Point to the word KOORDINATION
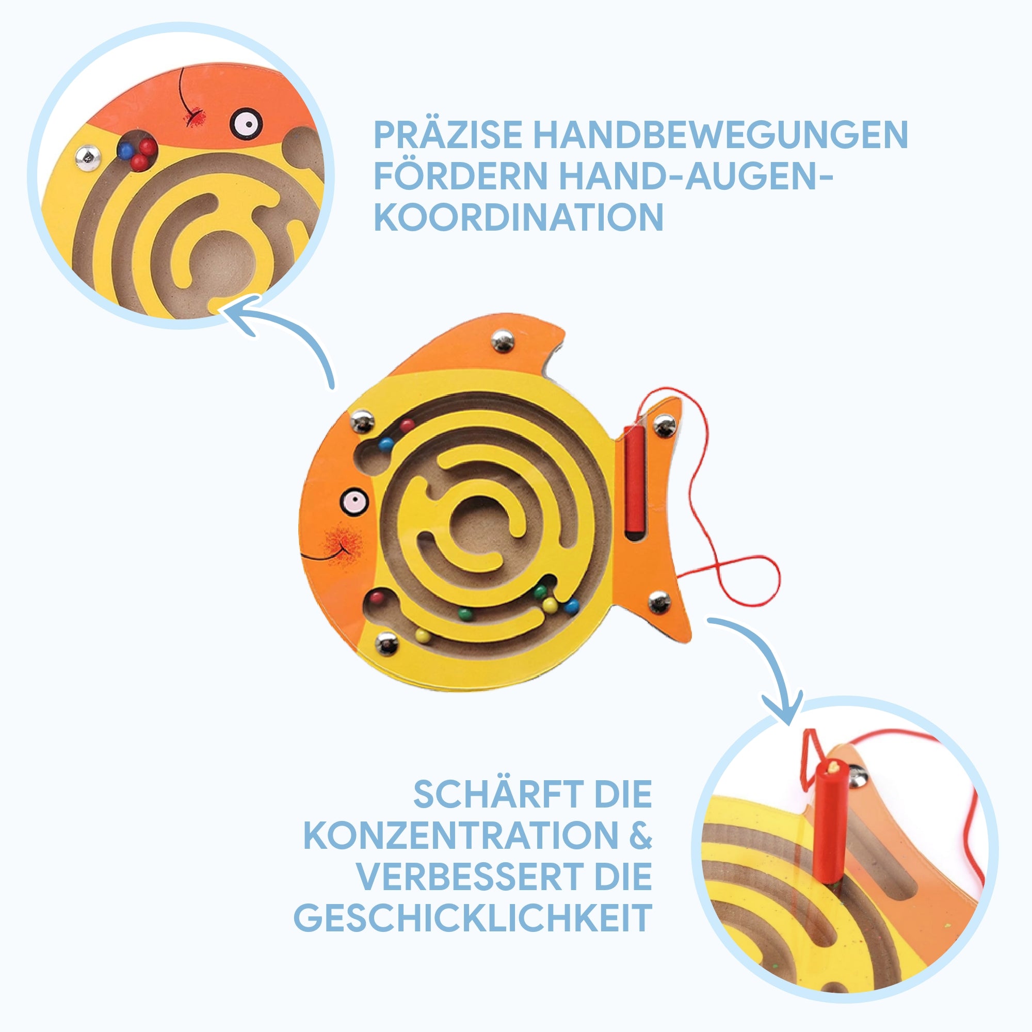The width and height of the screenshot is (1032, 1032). [518, 217]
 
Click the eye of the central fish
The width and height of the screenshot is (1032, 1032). [354, 501]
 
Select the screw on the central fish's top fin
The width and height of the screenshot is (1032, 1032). [503, 340]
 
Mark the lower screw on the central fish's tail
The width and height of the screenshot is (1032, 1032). [659, 602]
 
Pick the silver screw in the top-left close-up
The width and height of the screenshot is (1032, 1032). [88, 158]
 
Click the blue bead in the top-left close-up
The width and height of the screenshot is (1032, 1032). [125, 151]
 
